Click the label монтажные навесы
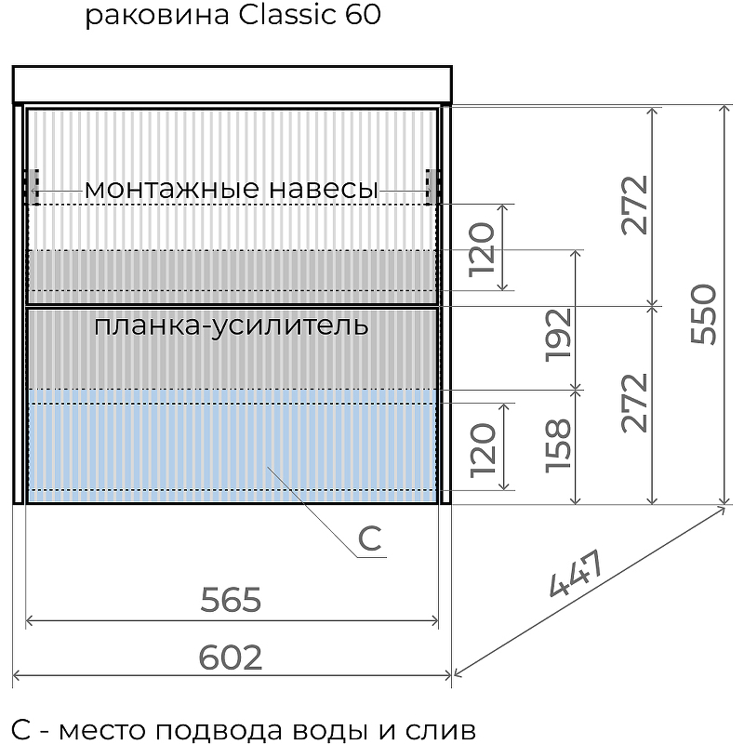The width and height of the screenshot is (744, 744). coord(231,190)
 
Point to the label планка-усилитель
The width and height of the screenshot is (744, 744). coord(232,326)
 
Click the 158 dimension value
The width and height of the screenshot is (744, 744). coord(560,446)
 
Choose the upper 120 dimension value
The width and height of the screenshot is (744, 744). coord(484,248)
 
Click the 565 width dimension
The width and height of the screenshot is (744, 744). coord(232,601)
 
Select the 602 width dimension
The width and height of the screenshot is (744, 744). coord(232,658)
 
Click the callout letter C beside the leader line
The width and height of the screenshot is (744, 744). coord(370,538)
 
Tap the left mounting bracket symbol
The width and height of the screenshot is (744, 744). coord(32,186)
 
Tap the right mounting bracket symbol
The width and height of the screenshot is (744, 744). coord(431,186)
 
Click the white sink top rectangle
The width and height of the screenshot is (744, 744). coord(232,84)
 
